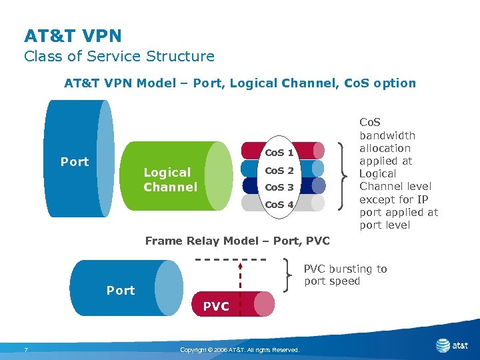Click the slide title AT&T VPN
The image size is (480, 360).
pos(73,35)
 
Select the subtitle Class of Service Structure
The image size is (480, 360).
pos(119,57)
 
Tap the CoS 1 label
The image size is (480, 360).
pos(279,153)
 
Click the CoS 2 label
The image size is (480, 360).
pos(279,171)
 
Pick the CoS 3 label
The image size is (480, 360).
pos(279,187)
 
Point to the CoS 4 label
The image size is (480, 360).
pos(279,205)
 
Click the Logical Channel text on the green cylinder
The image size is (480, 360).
pos(170,180)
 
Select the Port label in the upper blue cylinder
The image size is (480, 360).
pos(75,162)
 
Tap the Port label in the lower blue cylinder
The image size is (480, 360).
pos(121,290)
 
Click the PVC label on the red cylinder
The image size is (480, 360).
pos(215,307)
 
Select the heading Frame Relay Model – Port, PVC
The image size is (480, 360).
pos(237,241)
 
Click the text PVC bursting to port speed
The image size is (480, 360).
pos(345,275)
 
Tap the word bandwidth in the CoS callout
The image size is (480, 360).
pos(387,135)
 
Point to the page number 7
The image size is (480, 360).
pos(25,350)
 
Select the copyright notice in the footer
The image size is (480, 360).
pos(240,350)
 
